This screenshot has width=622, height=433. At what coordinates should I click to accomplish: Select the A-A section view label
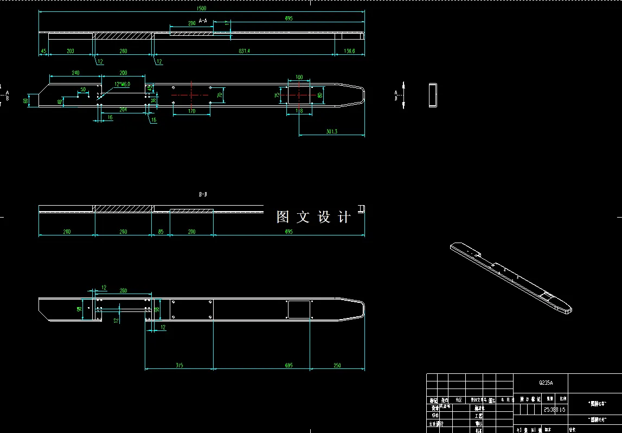click(203, 21)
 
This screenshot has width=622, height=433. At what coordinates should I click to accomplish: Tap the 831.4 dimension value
click(244, 51)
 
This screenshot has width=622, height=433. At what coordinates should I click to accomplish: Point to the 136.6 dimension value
click(349, 51)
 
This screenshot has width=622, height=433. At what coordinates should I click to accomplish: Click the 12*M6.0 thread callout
click(122, 84)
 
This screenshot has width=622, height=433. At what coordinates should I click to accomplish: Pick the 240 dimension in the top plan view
click(75, 73)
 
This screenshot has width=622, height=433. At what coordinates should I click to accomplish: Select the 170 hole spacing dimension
click(191, 111)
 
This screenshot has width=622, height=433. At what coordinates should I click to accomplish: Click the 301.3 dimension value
click(331, 131)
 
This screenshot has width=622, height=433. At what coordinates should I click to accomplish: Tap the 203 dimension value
click(70, 51)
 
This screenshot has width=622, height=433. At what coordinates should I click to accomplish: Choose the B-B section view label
click(203, 194)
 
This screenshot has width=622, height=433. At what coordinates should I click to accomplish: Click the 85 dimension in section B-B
click(161, 232)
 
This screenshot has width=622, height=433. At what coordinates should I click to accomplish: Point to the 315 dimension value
click(179, 365)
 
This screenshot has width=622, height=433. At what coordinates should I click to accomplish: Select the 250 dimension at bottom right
click(337, 365)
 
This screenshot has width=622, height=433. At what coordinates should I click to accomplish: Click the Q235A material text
click(546, 383)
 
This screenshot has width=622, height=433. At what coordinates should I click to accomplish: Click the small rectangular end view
click(433, 95)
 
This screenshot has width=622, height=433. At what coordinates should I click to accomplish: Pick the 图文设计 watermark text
click(313, 217)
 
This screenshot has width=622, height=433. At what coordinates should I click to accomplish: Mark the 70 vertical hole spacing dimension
click(220, 95)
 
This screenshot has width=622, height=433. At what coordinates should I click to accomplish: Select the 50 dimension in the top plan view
click(82, 90)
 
